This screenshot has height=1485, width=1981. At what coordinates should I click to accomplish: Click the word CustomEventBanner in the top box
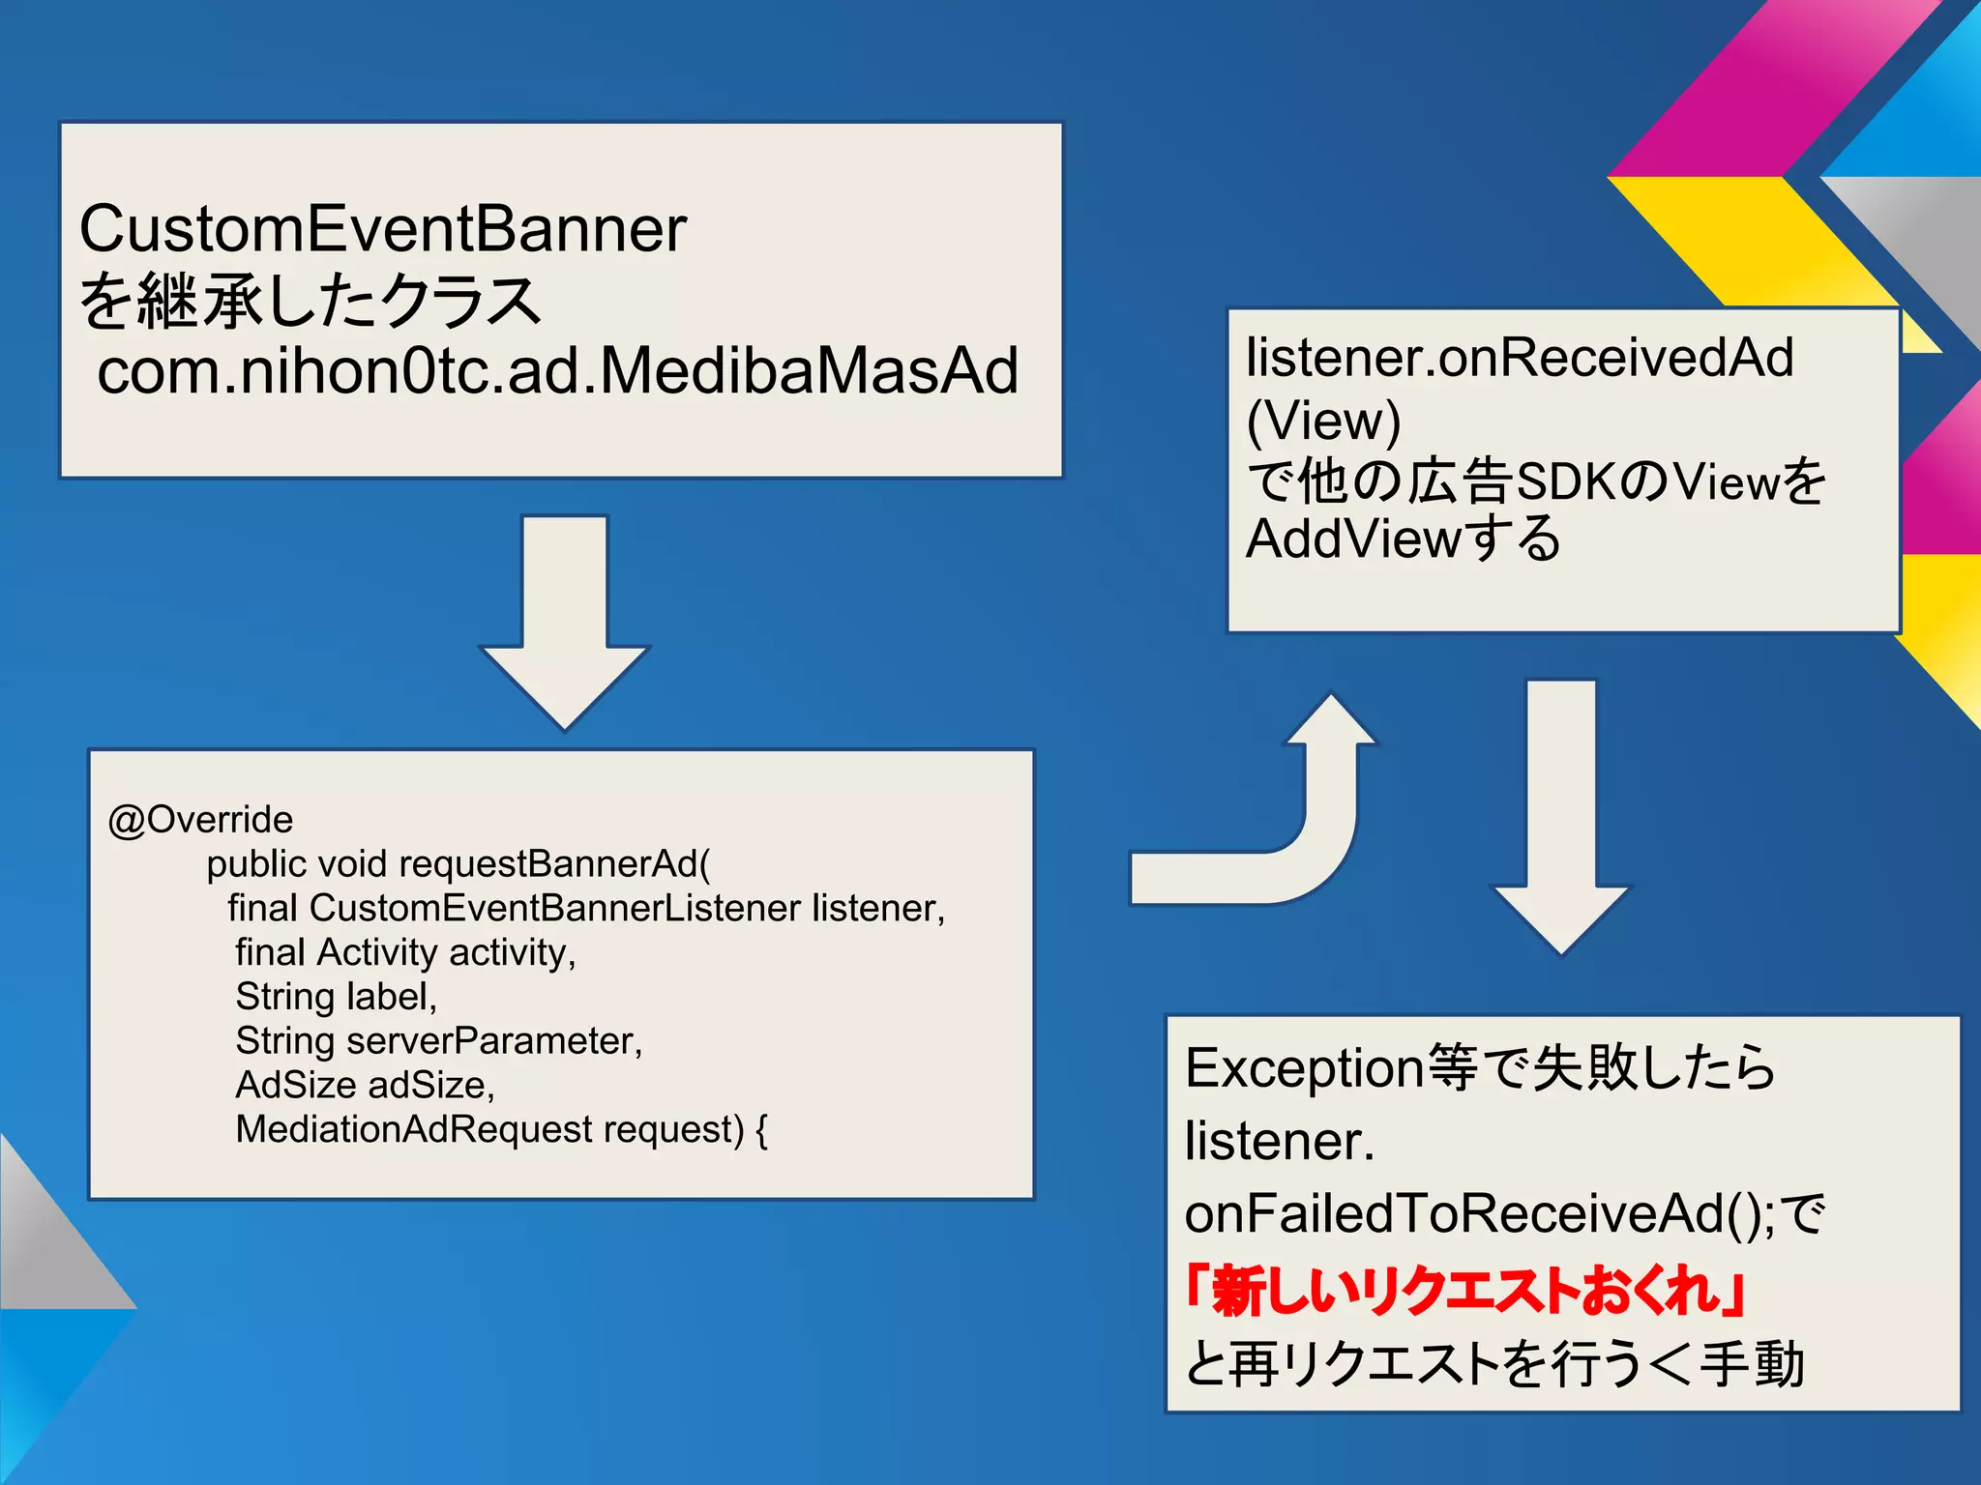[x=382, y=230]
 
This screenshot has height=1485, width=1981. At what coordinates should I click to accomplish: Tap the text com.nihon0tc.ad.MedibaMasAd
[x=558, y=371]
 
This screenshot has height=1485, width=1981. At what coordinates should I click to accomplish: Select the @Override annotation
[x=200, y=820]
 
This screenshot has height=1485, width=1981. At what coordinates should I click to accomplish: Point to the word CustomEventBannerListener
[x=555, y=909]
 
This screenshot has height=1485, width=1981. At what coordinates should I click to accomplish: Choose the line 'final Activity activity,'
[x=405, y=953]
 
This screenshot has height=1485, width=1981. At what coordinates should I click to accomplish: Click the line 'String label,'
[x=336, y=997]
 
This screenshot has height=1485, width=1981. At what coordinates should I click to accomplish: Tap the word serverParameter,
[x=494, y=1041]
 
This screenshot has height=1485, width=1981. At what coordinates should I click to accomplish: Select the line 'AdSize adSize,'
[x=365, y=1086]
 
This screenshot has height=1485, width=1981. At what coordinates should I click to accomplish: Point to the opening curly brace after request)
[x=761, y=1130]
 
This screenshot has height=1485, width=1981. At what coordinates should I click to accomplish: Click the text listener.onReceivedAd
[x=1519, y=358]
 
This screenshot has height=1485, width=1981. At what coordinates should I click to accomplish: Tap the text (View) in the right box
[x=1323, y=421]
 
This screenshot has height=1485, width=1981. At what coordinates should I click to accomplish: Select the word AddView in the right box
[x=1352, y=539]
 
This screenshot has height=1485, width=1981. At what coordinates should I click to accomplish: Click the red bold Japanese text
[x=1464, y=1291]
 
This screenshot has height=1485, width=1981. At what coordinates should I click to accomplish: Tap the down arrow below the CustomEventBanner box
[x=565, y=628]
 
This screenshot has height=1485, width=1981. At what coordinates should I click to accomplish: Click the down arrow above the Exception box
[x=1561, y=822]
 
